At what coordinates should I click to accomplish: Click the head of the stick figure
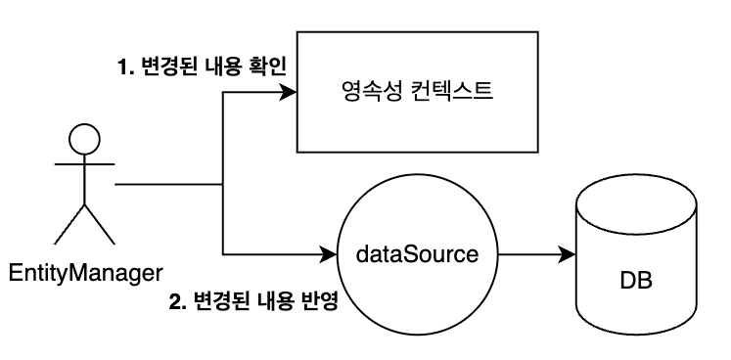[84, 139]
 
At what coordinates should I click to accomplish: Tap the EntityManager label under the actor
[86, 273]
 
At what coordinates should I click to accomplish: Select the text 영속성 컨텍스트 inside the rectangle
[417, 91]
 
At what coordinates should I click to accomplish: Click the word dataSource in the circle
[417, 254]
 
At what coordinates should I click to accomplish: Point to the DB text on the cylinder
[636, 281]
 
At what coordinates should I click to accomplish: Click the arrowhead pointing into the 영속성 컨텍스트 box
[288, 92]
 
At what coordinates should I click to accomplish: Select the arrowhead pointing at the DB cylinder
[568, 254]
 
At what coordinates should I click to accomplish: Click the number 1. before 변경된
[125, 68]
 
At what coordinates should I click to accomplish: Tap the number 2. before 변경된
[177, 303]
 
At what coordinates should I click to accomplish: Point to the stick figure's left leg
[69, 224]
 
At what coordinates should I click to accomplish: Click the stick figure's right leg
[99, 224]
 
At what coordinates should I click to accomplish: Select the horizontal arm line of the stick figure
[84, 164]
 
